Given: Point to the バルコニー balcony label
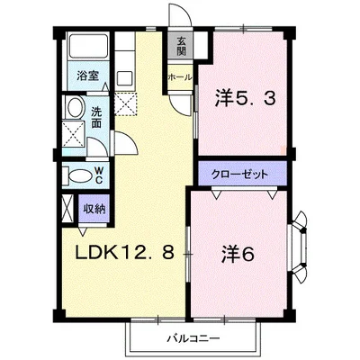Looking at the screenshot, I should pyautogui.click(x=193, y=339).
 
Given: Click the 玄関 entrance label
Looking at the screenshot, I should pyautogui.click(x=181, y=45).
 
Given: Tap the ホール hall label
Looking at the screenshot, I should pyautogui.click(x=178, y=77).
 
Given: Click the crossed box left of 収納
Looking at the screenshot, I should pyautogui.click(x=67, y=208).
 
